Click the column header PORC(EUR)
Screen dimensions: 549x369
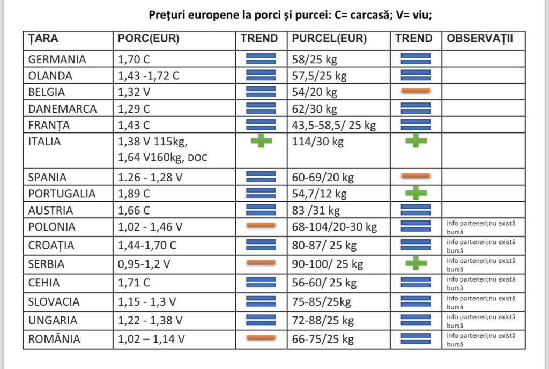149,39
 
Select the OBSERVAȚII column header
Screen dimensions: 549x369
480,39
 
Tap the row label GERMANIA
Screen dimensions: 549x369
57,60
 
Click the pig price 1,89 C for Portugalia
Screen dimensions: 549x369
133,194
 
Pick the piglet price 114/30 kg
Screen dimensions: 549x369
317,142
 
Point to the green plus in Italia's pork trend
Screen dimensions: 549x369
261,141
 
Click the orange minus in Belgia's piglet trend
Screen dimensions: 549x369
416,91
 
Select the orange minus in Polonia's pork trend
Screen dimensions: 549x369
261,225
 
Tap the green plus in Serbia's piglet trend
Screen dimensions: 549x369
416,263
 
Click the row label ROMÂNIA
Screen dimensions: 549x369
54,339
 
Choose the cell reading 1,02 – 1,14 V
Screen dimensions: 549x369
151,339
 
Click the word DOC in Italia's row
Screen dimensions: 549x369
197,158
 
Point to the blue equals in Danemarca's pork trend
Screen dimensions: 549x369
261,108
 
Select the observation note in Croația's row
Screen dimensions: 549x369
481,246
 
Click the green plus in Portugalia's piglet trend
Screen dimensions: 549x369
416,193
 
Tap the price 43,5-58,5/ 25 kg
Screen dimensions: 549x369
334,126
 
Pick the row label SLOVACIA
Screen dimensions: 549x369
54,302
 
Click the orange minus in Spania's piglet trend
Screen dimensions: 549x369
416,175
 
